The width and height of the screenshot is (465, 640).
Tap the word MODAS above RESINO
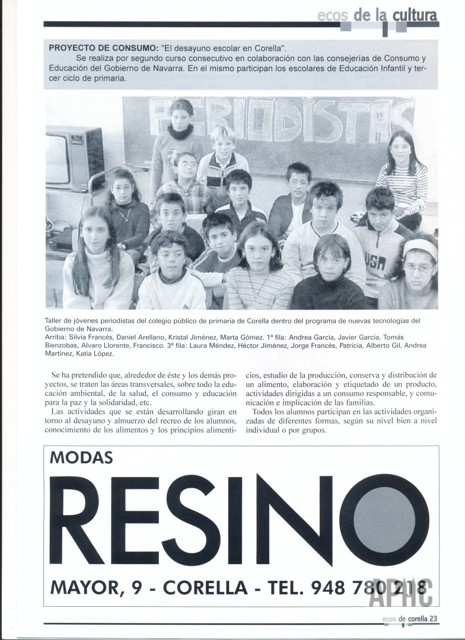coord(82,457)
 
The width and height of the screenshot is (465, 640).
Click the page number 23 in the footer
coord(434,619)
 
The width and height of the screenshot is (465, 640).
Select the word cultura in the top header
coord(415,15)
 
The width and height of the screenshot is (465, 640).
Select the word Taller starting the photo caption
coord(55,321)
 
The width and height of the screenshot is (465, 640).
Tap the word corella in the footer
coord(418,619)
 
